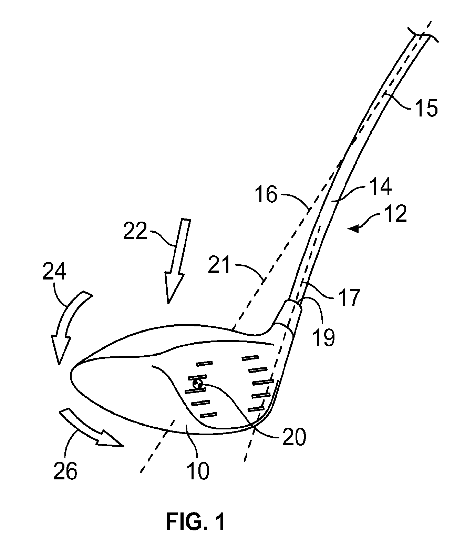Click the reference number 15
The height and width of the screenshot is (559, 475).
(426, 108)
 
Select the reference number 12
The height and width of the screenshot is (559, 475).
(396, 214)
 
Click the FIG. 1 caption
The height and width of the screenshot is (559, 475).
(196, 521)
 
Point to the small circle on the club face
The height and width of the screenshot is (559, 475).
(197, 384)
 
